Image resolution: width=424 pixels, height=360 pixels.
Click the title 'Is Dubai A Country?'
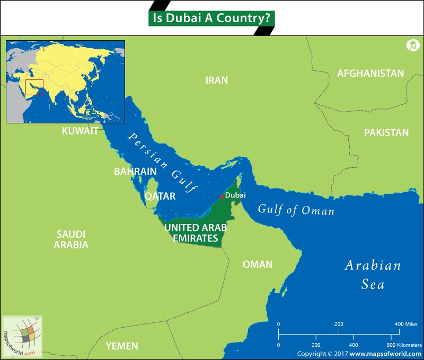click(x=211, y=17)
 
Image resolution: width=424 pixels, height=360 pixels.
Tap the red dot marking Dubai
click(x=222, y=197)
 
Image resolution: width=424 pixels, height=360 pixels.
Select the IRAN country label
click(x=217, y=80)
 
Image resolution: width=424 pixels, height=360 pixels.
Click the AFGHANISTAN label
click(x=370, y=74)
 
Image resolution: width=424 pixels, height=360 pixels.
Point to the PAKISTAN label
click(x=386, y=133)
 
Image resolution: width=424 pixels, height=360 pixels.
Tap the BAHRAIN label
click(x=135, y=172)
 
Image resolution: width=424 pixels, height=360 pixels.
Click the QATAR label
click(x=160, y=196)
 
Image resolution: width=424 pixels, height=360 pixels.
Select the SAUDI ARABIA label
click(x=71, y=239)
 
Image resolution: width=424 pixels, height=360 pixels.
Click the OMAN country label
click(x=258, y=264)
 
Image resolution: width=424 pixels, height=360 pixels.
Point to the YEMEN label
click(x=122, y=346)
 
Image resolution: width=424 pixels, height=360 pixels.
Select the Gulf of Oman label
click(x=296, y=210)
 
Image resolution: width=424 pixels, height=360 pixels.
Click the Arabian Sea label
click(x=373, y=275)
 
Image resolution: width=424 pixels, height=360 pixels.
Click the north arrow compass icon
click(x=413, y=46)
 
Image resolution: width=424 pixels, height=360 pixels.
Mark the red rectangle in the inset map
click(x=34, y=87)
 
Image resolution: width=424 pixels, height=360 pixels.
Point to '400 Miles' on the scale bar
click(x=406, y=324)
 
